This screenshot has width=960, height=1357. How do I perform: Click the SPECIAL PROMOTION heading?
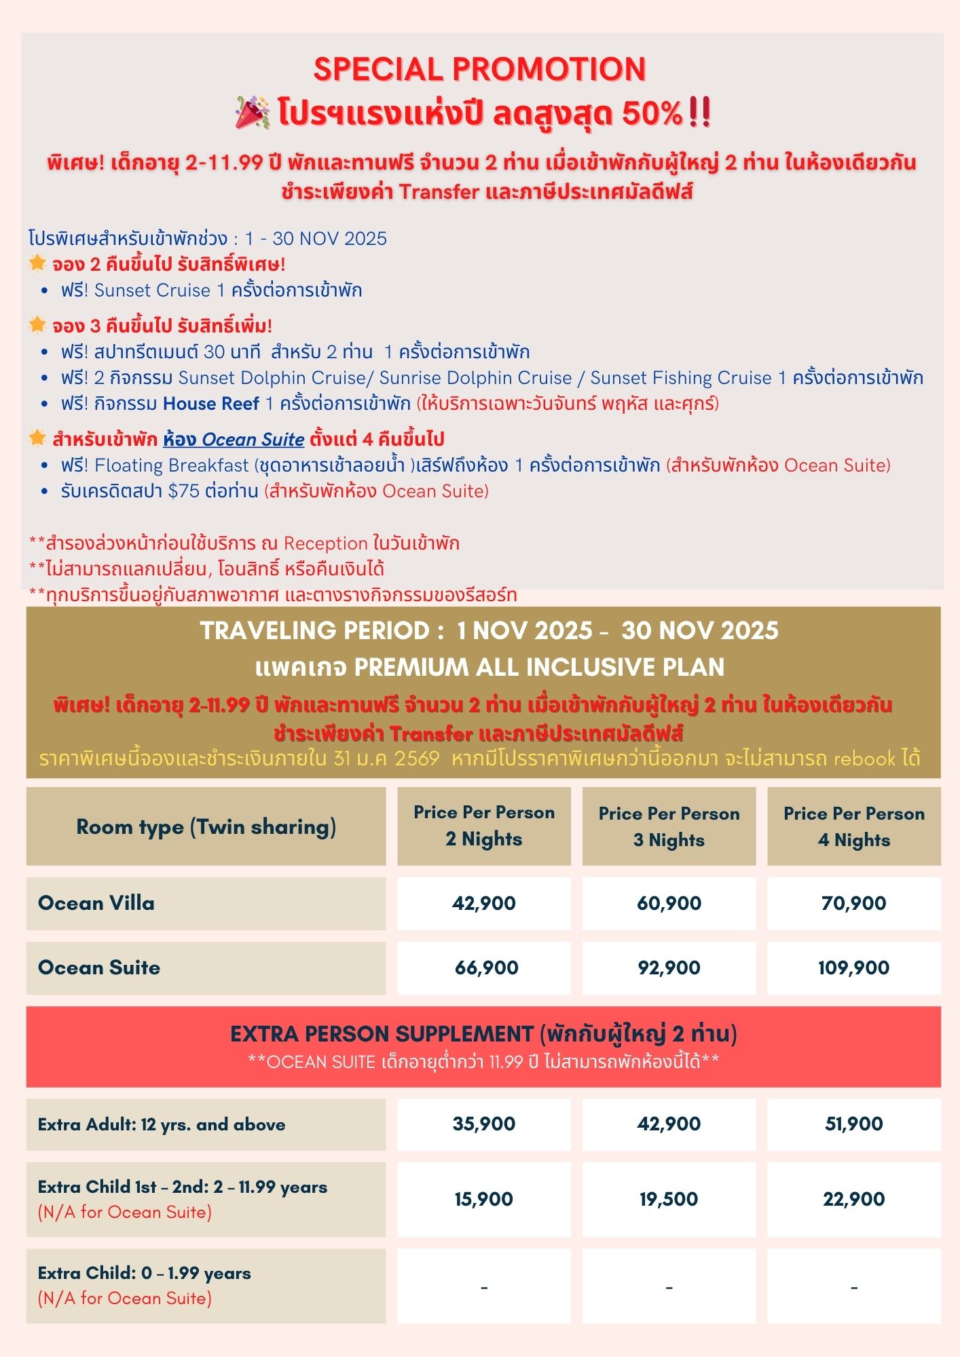tap(479, 69)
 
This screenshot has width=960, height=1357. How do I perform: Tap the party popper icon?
tap(253, 113)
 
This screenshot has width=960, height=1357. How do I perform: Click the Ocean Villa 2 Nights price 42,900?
tap(483, 903)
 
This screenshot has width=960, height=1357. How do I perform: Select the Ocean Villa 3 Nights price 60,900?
tap(669, 903)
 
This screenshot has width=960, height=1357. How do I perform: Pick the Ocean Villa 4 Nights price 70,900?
tap(853, 903)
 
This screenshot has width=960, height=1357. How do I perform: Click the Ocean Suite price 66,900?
tap(486, 968)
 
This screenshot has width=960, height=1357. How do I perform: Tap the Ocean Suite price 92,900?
tap(669, 968)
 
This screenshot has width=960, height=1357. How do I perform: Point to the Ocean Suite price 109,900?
tap(853, 968)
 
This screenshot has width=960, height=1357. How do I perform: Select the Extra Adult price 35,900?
tap(483, 1124)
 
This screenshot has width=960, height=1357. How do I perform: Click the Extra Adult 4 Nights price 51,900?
tap(853, 1124)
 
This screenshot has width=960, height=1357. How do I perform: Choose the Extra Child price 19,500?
tap(669, 1199)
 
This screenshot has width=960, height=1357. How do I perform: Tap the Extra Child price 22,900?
tap(853, 1199)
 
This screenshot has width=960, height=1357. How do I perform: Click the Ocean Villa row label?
tap(96, 903)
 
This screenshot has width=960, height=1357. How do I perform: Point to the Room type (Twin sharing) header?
tap(206, 826)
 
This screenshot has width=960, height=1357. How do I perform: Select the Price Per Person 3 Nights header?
tap(669, 826)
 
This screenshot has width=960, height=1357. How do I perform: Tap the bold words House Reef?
tap(211, 404)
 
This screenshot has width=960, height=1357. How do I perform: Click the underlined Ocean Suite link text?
tap(234, 440)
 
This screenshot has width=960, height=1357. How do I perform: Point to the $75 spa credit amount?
tap(183, 491)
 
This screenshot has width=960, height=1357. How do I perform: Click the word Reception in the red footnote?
tap(325, 543)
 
